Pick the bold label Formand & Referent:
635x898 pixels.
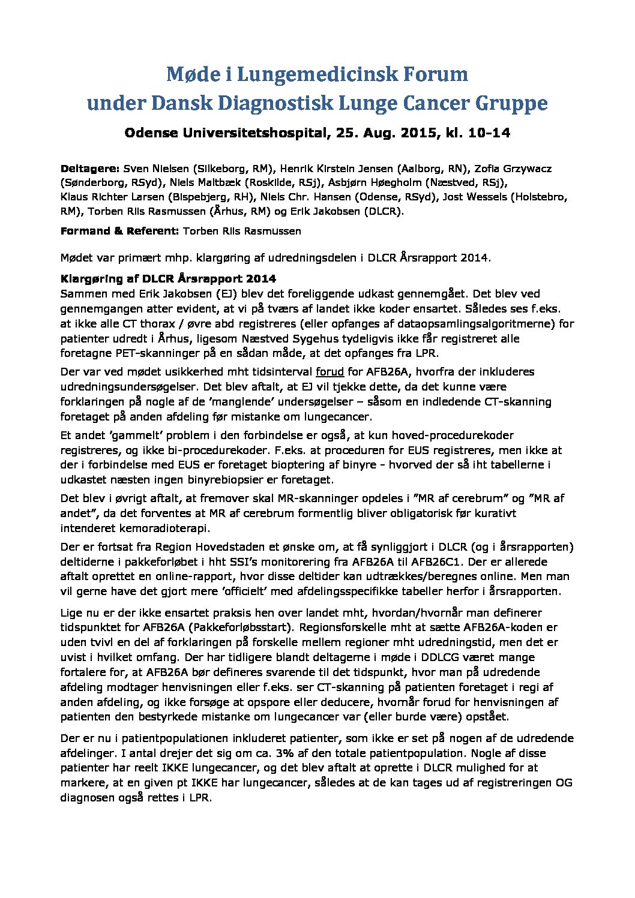click(119, 231)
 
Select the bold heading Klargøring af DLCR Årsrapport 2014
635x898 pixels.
click(168, 279)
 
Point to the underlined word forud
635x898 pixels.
click(330, 372)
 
